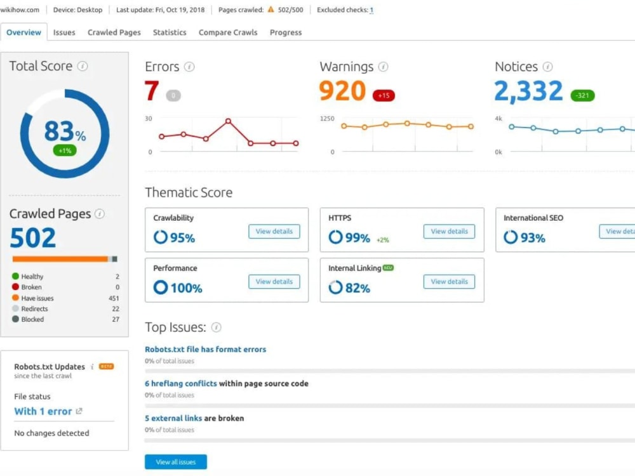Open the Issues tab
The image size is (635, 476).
64,32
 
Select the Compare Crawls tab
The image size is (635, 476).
228,32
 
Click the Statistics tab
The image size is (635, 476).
170,32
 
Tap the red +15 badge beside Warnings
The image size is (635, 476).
384,96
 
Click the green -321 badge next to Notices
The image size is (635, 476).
582,96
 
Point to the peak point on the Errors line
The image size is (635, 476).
229,121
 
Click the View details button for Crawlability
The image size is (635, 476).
274,232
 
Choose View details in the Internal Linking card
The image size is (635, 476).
449,282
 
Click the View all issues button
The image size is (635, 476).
176,462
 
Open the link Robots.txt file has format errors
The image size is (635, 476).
205,349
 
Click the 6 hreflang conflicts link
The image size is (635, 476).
180,383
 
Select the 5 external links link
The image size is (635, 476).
173,418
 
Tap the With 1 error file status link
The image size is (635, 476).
43,411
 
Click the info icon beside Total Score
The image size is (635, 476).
83,66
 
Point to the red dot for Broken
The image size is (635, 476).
15,287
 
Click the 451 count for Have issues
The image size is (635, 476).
114,298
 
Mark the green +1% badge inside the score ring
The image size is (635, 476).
65,150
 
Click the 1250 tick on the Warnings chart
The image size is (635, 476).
327,119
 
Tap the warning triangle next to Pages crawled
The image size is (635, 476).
271,10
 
